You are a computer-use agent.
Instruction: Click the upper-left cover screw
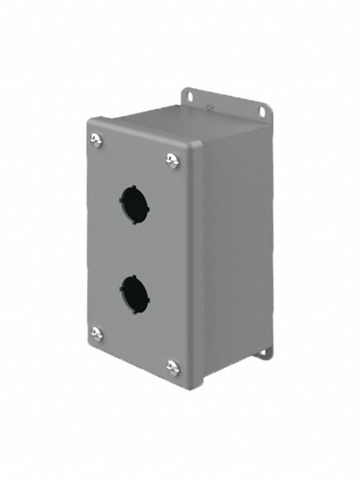[96, 140]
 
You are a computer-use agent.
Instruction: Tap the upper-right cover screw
[172, 160]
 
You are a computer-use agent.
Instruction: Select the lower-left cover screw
[96, 334]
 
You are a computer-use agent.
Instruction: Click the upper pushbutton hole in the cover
[134, 205]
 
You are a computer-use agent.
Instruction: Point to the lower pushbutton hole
[134, 294]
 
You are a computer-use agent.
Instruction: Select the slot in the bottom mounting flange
[264, 355]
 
